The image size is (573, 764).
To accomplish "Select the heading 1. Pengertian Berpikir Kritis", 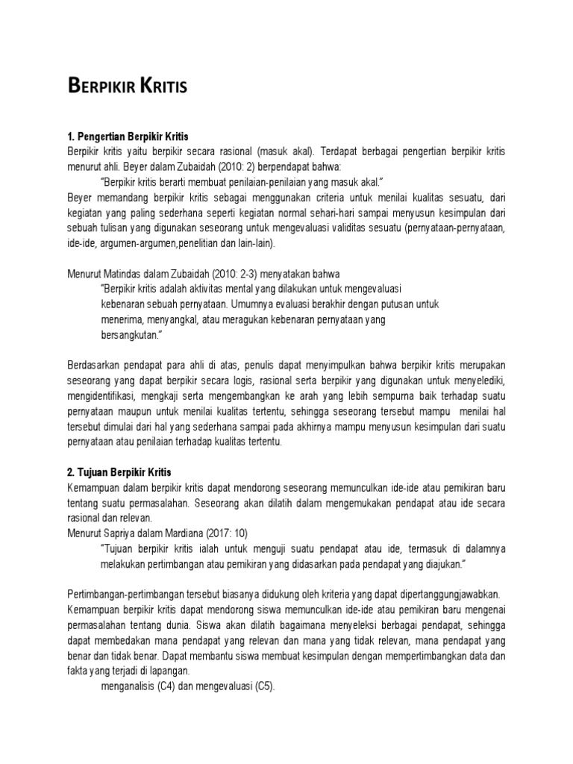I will [128, 137].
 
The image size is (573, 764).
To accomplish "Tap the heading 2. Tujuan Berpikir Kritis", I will [119, 472].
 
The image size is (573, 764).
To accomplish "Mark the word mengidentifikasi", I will [101, 395].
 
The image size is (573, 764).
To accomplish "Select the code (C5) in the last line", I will [262, 686].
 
